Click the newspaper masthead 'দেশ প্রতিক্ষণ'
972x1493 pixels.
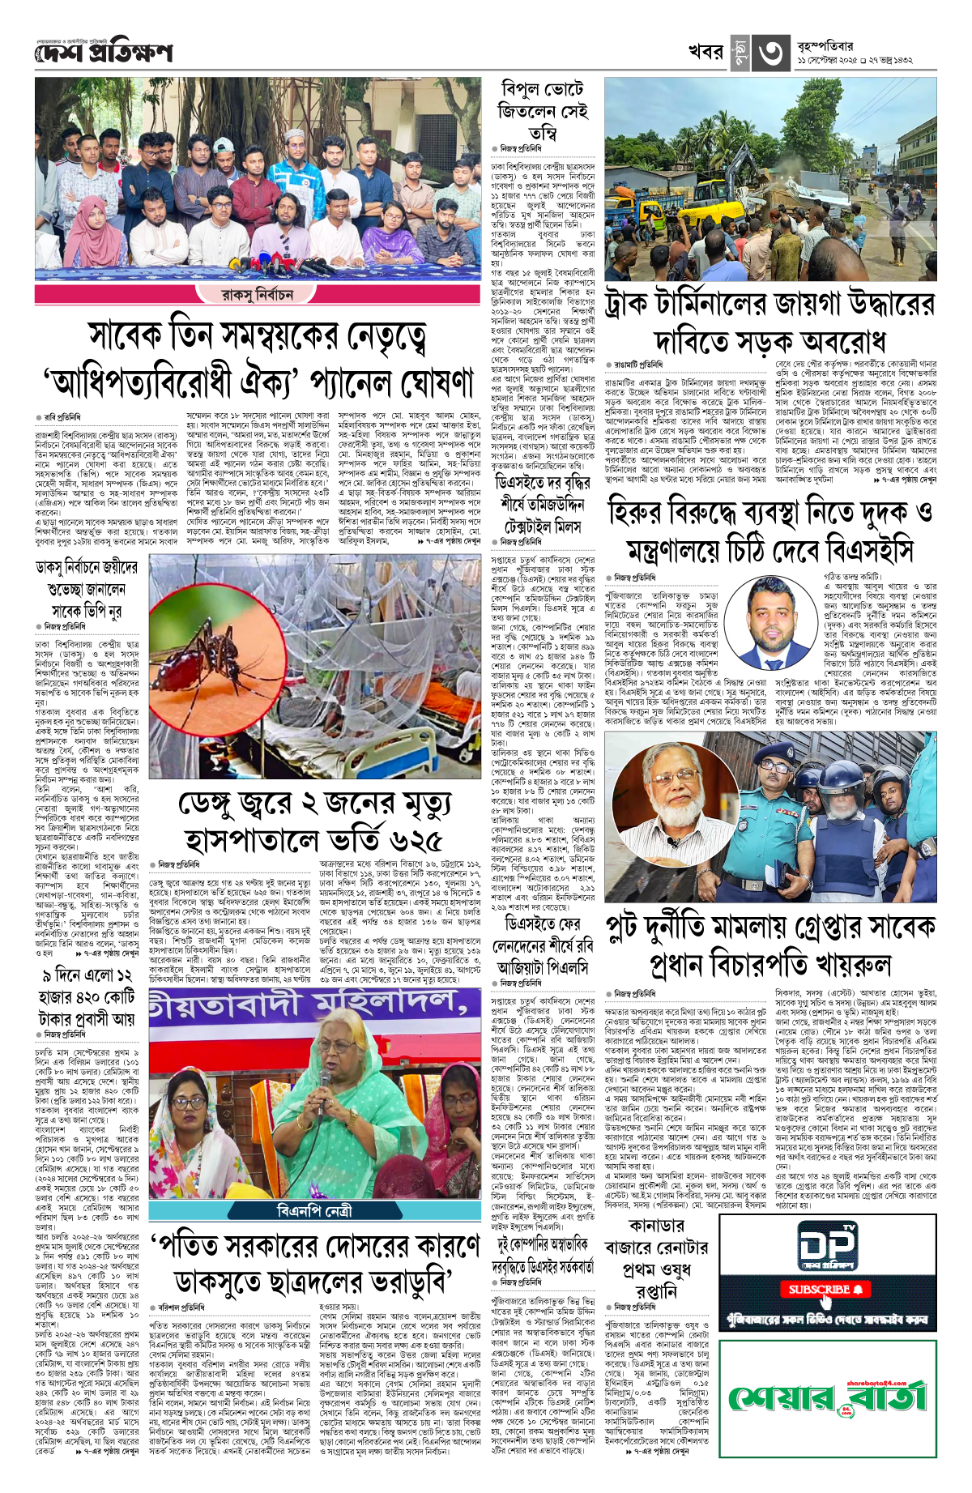click(104, 53)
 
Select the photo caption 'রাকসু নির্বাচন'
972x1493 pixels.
click(257, 294)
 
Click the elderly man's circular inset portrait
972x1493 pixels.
click(675, 803)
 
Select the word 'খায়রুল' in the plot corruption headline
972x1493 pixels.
click(851, 965)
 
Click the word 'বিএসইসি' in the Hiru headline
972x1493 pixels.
click(870, 552)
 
